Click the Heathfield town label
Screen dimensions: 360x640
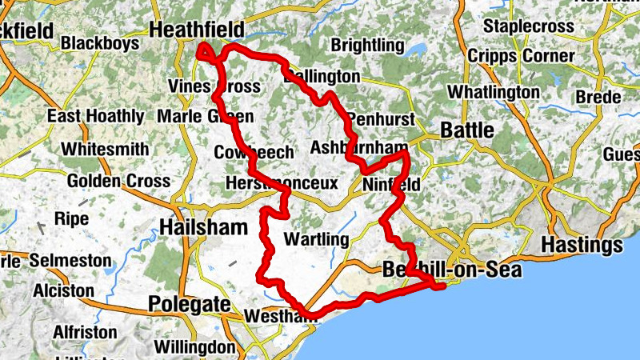(x=197, y=30)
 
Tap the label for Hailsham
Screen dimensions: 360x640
(x=203, y=227)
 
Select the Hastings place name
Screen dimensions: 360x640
(x=582, y=243)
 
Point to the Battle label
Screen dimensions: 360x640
(x=467, y=130)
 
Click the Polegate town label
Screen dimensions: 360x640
(x=189, y=304)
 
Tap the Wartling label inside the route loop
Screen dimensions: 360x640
(x=317, y=239)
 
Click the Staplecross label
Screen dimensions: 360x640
(x=529, y=26)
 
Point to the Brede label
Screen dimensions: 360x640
(x=598, y=98)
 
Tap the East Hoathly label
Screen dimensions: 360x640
(x=95, y=116)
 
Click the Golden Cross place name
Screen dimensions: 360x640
(x=118, y=181)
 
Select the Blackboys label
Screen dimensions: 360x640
(x=100, y=42)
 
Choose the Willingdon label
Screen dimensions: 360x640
(x=194, y=348)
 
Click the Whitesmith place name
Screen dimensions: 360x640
(x=105, y=149)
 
